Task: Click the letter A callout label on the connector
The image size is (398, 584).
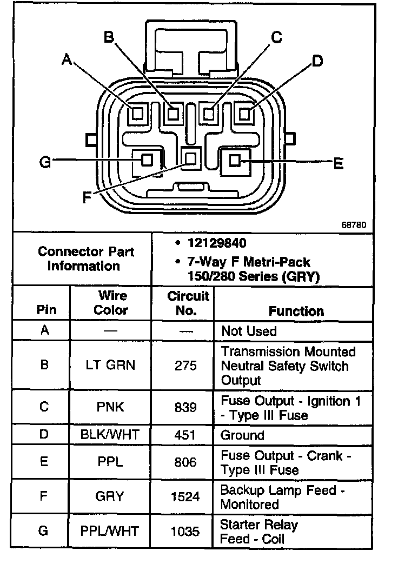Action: pos(67,59)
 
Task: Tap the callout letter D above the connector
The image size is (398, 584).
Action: pos(317,61)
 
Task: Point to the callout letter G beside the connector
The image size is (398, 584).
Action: pos(45,162)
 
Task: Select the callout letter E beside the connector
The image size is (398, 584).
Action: pos(339,163)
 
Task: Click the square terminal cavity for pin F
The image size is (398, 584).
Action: pos(190,158)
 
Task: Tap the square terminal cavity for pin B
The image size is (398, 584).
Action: pos(173,114)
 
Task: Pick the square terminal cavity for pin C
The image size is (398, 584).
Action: pos(209,114)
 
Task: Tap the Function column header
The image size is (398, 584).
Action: pos(296,311)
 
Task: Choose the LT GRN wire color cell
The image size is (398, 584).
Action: pos(110,366)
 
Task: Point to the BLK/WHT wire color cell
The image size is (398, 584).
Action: pos(110,435)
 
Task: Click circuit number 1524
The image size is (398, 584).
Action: pos(185,497)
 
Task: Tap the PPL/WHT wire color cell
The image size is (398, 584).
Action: pos(110,531)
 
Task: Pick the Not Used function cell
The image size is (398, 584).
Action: pos(249,331)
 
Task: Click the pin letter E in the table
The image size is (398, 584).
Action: pos(45,462)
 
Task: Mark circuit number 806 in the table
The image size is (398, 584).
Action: pos(185,462)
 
